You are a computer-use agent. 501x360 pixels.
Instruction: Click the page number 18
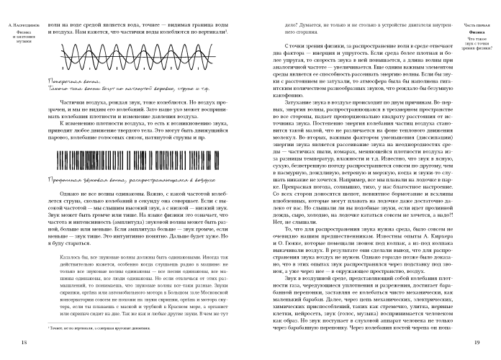pyautogui.click(x=25, y=340)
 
